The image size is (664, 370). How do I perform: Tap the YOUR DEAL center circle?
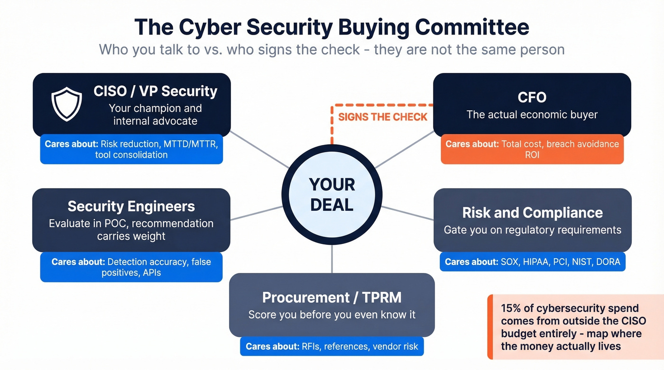click(332, 194)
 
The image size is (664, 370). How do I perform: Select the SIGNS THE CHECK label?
click(382, 117)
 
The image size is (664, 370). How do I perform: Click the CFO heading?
click(532, 97)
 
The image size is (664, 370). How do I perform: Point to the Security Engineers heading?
click(131, 206)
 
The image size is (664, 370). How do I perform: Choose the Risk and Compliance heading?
click(532, 213)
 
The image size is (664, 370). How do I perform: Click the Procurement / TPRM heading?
click(332, 297)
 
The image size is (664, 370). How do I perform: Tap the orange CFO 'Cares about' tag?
click(532, 149)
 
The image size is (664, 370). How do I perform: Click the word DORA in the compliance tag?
click(608, 262)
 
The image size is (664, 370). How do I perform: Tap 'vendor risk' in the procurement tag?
click(395, 346)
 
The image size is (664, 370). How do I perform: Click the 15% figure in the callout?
click(511, 308)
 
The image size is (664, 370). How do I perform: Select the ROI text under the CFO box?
click(532, 155)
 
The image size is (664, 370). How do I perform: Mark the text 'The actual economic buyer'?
click(532, 114)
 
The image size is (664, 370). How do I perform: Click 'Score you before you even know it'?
click(332, 315)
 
